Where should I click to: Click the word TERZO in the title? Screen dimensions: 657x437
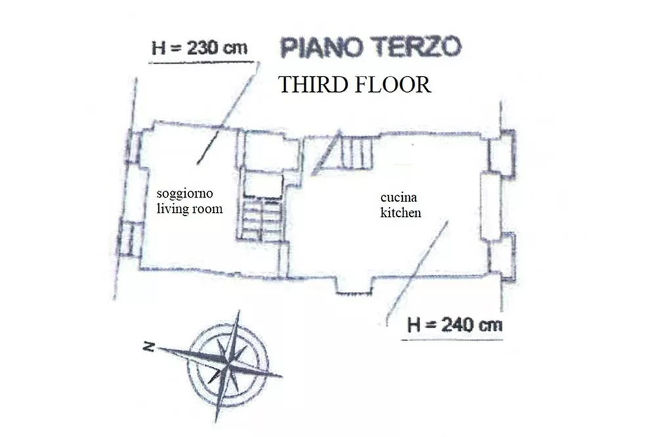417,47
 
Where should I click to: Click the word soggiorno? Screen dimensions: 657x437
185,194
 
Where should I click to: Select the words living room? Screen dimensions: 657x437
189,209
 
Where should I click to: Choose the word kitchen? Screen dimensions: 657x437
401,212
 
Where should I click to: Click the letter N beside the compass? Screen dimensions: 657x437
148,346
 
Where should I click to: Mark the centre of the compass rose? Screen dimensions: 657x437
227,367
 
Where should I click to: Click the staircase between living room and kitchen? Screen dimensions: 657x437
261,219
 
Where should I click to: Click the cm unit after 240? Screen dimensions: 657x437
491,325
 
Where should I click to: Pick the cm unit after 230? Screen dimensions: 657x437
236,49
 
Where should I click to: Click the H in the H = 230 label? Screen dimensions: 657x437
158,49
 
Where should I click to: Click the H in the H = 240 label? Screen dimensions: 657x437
414,325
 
